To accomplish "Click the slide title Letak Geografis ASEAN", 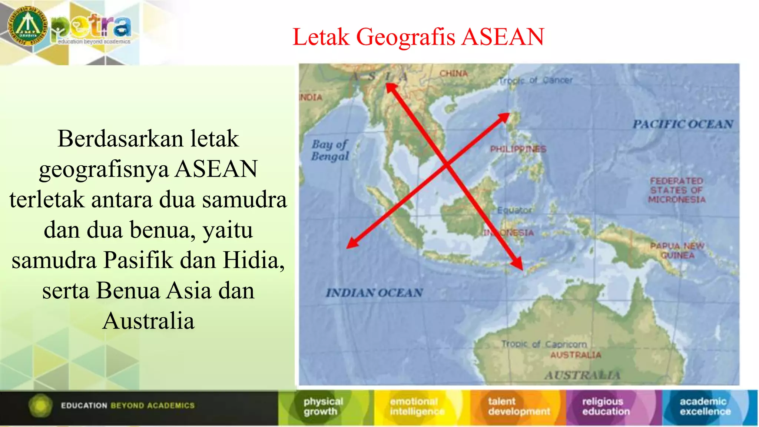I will point(418,37).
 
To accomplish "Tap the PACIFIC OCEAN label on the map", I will point(683,124).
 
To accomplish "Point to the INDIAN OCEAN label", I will point(374,293).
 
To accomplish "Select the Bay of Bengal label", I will point(330,150).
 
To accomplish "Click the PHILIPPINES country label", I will point(518,149).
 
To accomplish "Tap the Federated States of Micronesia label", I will point(677,190).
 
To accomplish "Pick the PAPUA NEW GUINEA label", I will point(677,251).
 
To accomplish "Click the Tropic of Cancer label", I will point(535,80).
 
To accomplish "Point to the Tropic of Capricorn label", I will point(544,344).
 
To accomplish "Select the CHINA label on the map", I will point(453,73).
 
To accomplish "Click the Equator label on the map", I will point(514,211).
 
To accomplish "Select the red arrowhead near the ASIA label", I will point(391,88).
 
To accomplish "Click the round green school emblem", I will point(28,26).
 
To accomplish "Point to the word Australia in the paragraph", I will point(148,321).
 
